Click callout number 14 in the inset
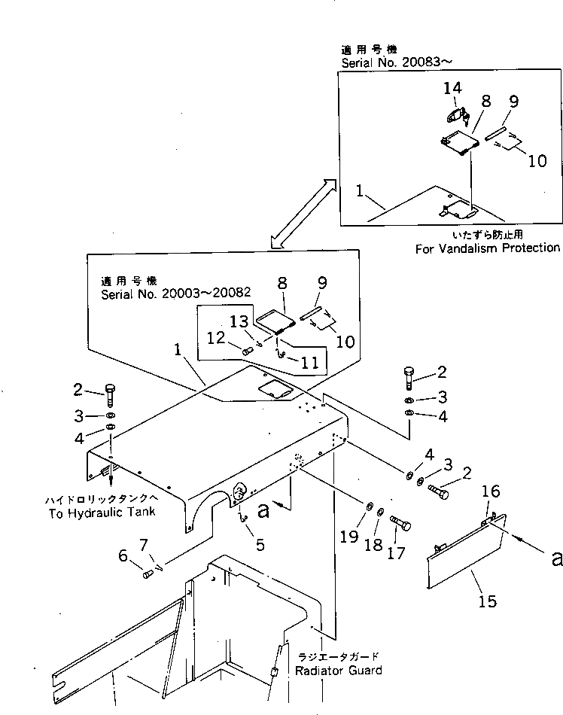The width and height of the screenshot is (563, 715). pyautogui.click(x=452, y=88)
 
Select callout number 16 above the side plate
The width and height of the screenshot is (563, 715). pyautogui.click(x=490, y=491)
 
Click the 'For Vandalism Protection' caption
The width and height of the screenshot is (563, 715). pyautogui.click(x=487, y=248)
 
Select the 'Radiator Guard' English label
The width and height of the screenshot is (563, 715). pyautogui.click(x=338, y=670)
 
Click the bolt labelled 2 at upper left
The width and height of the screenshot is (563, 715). pyautogui.click(x=109, y=394)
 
